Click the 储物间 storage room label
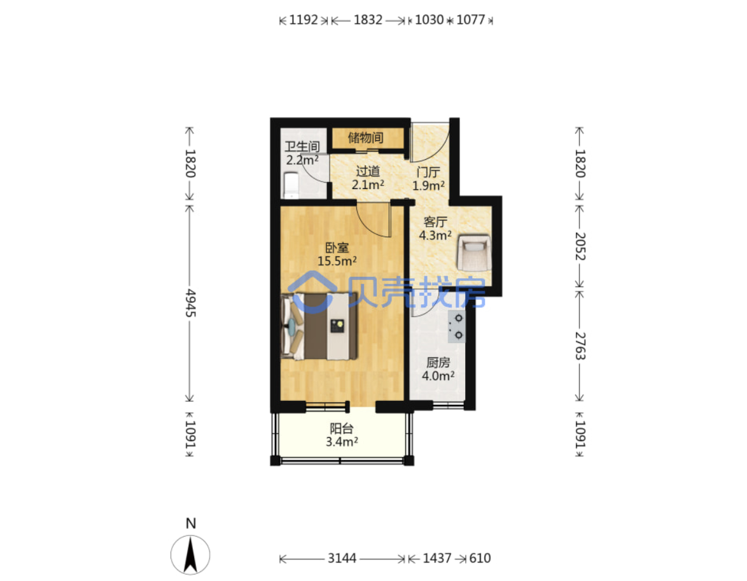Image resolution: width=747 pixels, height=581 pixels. coord(365,138)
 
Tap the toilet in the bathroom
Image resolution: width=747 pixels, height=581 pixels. coord(291,185)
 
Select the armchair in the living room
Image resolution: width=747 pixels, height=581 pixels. coord(473,252)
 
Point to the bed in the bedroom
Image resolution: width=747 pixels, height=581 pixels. coord(319,326)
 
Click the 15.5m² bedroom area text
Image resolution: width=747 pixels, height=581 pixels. coord(337,261)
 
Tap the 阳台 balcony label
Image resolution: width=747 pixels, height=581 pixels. coord(342,428)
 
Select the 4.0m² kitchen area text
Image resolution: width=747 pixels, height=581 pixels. coord(438,375)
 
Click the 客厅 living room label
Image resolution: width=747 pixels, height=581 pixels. coord(435,222)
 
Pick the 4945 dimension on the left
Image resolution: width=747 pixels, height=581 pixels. coord(190,303)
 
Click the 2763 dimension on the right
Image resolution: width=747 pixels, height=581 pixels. coord(579,346)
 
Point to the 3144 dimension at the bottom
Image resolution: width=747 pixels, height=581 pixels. coord(342,558)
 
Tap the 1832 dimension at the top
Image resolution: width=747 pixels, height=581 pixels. coord(368,20)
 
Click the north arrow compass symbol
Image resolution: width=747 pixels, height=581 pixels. coord(190,555)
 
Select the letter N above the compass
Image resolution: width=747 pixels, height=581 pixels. coord(190,523)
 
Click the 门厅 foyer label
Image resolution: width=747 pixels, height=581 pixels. coord(428,172)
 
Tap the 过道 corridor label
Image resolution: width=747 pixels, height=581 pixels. coord(368,171)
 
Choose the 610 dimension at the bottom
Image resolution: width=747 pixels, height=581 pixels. coord(480,558)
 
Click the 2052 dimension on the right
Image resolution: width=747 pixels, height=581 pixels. coord(579,246)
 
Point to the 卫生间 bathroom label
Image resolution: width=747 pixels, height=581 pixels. coord(302,147)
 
